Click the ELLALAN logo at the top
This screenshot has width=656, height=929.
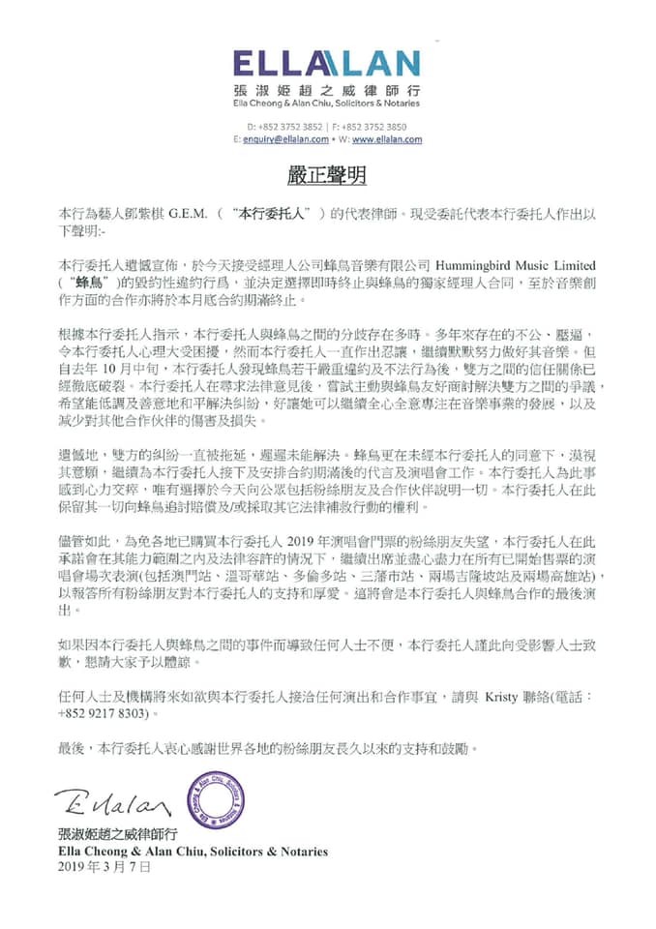coord(327,65)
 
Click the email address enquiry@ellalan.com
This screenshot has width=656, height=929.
coord(289,139)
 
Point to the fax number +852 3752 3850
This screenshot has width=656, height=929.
coord(373,127)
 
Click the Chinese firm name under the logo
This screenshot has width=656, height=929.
coord(327,91)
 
